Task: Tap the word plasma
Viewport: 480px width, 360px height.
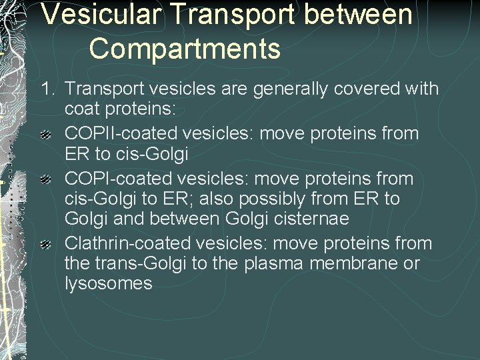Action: coord(270,263)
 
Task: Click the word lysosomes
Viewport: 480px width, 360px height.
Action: coord(108,283)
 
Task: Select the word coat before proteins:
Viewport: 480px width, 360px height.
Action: coord(84,109)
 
